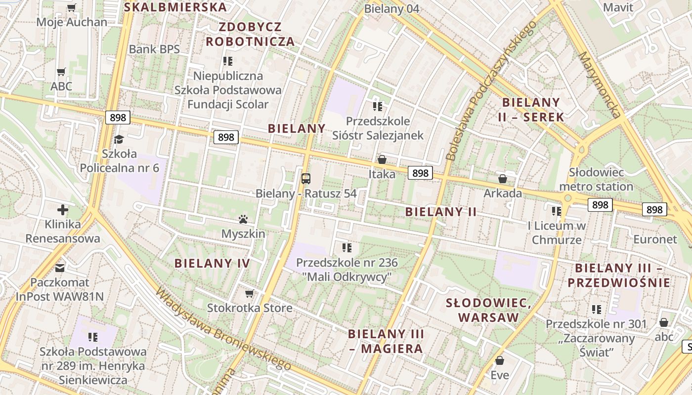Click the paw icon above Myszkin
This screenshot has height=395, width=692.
[x=243, y=219]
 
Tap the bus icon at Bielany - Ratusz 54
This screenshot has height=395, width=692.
[x=306, y=178]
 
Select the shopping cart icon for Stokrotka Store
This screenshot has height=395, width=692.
[x=250, y=293]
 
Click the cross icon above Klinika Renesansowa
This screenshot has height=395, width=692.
[x=63, y=210]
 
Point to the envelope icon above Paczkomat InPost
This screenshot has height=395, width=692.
[x=60, y=268]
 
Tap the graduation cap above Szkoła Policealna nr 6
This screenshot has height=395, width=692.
[x=119, y=139]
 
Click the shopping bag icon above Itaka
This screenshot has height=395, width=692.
[x=382, y=159]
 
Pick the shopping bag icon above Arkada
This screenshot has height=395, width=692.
[x=503, y=178]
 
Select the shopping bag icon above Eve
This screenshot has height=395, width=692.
[x=500, y=360]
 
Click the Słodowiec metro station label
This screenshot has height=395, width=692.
[x=596, y=179]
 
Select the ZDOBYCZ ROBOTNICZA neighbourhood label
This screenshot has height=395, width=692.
[x=251, y=34]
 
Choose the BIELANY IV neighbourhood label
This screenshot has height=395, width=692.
[x=212, y=263]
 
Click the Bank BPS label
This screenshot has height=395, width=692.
[x=154, y=49]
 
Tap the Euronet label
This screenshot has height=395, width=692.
[x=655, y=239]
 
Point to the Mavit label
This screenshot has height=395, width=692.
[x=618, y=7]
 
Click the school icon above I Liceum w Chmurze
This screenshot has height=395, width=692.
[x=557, y=211]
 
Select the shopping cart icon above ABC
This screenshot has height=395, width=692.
[x=61, y=72]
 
